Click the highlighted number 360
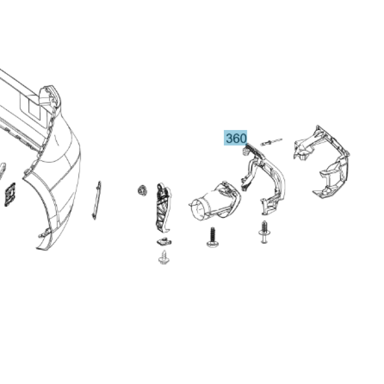[235, 138]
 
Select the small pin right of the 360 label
[272, 142]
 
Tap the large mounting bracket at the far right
[321, 162]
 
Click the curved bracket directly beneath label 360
[263, 179]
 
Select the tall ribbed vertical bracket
[163, 208]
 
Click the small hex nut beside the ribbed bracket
[142, 190]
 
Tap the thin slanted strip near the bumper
[97, 200]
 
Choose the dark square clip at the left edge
[9, 194]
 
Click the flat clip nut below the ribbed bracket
[164, 242]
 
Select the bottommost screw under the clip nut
[164, 257]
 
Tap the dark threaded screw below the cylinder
[213, 238]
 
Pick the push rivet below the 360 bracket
[264, 232]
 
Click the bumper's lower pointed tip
[38, 249]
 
